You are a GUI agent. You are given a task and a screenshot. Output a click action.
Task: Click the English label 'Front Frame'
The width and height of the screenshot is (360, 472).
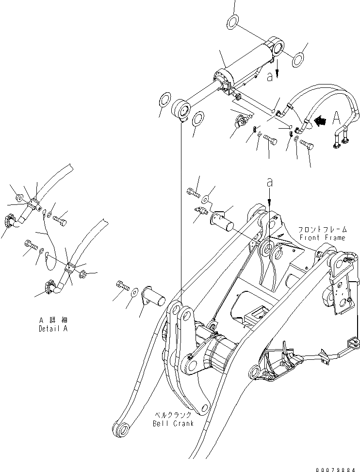(322, 237)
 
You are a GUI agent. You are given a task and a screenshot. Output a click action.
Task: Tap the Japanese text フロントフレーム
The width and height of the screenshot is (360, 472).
(322, 230)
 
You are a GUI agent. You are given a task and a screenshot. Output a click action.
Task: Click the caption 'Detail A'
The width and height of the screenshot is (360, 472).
(53, 329)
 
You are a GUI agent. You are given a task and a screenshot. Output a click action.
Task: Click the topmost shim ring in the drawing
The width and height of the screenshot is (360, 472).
(232, 22)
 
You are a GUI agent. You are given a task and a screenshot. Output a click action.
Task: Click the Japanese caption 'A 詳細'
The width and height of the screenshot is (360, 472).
(53, 320)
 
